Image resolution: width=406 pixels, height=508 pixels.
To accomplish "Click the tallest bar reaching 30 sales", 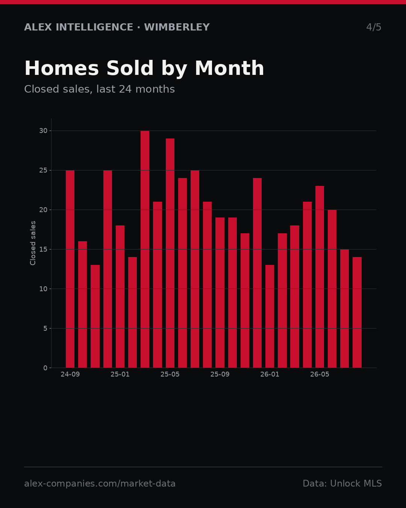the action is coord(145,249).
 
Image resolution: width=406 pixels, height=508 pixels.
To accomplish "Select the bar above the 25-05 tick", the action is coord(170,253).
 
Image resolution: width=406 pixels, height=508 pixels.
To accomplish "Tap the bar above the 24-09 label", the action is coord(70,269).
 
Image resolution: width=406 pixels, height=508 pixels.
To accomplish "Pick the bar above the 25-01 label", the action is coord(120,297).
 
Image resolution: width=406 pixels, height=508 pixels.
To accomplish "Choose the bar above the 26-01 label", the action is coord(270,316).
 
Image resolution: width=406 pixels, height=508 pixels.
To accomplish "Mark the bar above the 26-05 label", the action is coord(320,277).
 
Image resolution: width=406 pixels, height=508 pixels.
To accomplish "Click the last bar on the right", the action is coord(357,312).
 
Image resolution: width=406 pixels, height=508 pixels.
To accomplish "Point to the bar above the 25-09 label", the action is coord(220,292).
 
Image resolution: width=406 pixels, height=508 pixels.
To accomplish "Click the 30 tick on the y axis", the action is coord(43,131).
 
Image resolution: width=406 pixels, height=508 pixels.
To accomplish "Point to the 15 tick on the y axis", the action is coord(43,249).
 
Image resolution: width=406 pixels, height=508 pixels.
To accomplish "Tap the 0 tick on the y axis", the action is coord(45,368).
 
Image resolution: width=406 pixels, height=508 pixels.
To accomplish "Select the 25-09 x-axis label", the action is coord(220,374).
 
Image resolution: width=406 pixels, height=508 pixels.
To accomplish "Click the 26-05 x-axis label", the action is coord(320,374).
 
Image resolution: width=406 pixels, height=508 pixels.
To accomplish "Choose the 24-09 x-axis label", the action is coord(70,374).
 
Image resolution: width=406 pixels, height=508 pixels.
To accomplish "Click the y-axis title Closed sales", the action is coord(33,243).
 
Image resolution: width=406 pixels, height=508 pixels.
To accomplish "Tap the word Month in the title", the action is coord(229,68).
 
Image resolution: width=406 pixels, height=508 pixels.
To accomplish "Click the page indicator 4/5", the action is coord(374,27).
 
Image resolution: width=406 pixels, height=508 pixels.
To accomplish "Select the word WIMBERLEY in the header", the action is coord(177,27).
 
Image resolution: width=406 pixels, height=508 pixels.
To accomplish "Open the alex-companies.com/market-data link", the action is coord(100,483).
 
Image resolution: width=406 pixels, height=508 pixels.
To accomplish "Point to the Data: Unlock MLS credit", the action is coord(342,483).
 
